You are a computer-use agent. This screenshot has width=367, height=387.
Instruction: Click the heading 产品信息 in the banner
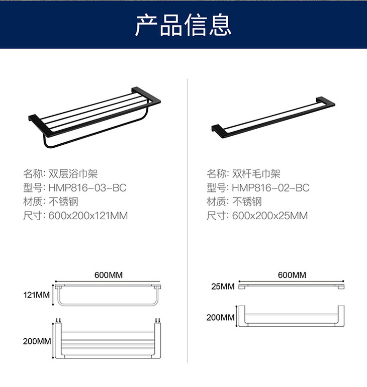tap(183, 25)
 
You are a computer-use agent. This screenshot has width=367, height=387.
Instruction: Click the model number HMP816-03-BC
tap(87, 188)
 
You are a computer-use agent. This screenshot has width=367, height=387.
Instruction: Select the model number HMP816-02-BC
tap(271, 188)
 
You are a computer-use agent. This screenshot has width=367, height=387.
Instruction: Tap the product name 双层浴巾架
tap(73, 174)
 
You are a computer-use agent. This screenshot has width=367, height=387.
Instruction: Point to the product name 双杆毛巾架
tap(256, 174)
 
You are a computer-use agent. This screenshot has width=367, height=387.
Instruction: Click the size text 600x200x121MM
tap(88, 216)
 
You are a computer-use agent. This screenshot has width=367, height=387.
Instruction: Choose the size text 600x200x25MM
tap(270, 216)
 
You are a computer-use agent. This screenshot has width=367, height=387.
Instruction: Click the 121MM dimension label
tap(37, 295)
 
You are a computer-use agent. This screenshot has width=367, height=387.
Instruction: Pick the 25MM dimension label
tap(223, 286)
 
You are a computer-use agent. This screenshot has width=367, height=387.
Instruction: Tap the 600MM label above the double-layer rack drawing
tap(109, 275)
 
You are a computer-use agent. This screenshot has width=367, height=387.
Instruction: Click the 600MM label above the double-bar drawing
tap(292, 275)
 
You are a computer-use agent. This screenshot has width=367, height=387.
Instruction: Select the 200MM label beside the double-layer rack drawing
tap(37, 341)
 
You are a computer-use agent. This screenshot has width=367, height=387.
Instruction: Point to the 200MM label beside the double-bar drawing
tap(220, 317)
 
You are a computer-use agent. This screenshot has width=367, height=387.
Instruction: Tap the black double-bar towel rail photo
tap(273, 118)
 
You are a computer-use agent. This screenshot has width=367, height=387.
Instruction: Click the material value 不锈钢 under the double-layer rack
tap(63, 202)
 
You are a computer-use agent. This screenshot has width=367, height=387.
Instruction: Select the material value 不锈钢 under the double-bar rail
tap(247, 202)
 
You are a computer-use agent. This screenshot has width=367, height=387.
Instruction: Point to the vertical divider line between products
tap(188, 221)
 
